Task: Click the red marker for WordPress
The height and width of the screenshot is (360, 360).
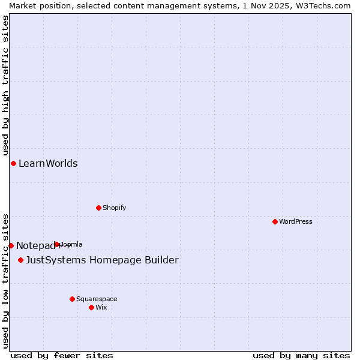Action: [275, 221]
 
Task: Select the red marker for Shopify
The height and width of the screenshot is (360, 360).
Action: [98, 208]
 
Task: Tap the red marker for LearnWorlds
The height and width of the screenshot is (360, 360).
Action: [13, 163]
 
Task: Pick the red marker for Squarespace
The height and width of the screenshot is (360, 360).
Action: [72, 299]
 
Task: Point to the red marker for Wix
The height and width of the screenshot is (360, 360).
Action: [91, 307]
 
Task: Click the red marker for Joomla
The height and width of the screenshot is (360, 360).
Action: [57, 244]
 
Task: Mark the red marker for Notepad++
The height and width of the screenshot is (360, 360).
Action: [11, 245]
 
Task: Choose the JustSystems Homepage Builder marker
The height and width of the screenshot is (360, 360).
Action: [20, 260]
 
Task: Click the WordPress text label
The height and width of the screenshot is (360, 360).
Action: [296, 221]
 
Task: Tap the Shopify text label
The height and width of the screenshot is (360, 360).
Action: [115, 208]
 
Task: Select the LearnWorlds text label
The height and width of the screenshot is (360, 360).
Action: [48, 163]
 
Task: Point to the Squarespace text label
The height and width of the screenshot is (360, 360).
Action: [97, 299]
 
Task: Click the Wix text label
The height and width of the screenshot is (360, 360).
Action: [101, 307]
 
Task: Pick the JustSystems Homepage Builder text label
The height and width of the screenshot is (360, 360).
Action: [102, 260]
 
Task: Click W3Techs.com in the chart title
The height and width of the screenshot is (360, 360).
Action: [322, 5]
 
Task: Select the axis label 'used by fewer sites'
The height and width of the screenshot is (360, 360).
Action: [62, 355]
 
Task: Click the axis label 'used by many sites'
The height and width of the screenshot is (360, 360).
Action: [301, 355]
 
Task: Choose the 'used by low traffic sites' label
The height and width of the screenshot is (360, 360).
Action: [5, 280]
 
